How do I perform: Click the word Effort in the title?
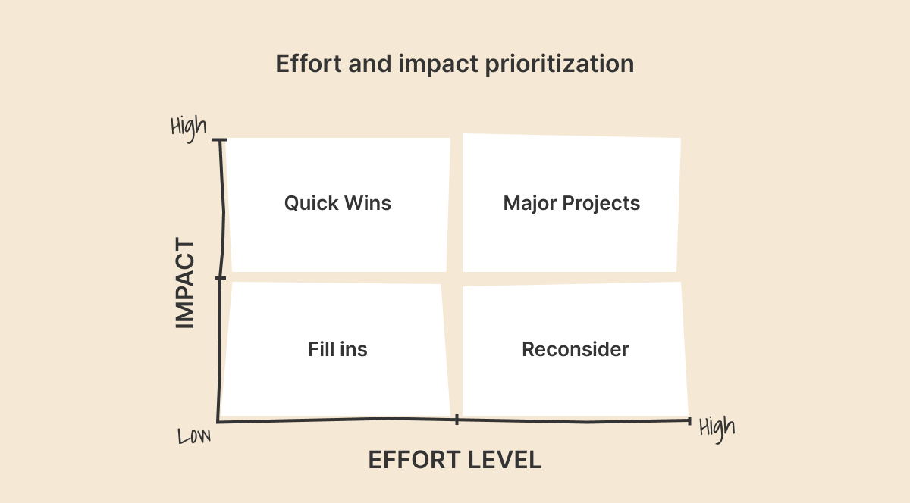click(309, 64)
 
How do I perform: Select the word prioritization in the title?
click(560, 65)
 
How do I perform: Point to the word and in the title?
click(370, 64)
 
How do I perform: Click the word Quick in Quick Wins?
click(311, 203)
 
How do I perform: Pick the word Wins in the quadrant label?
click(368, 203)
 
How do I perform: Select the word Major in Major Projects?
click(530, 204)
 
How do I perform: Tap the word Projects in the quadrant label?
click(601, 204)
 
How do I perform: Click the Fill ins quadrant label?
click(337, 349)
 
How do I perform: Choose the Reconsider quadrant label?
click(576, 349)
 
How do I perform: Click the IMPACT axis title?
click(185, 283)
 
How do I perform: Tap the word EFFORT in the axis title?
click(414, 460)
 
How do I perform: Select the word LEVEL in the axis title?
click(504, 460)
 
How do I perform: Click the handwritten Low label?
click(194, 436)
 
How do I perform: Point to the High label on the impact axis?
click(189, 128)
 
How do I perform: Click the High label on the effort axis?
click(717, 429)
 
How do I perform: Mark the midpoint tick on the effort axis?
click(457, 420)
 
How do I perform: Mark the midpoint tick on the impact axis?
click(220, 278)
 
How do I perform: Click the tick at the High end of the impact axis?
click(219, 140)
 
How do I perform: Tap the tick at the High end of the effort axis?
click(689, 420)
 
